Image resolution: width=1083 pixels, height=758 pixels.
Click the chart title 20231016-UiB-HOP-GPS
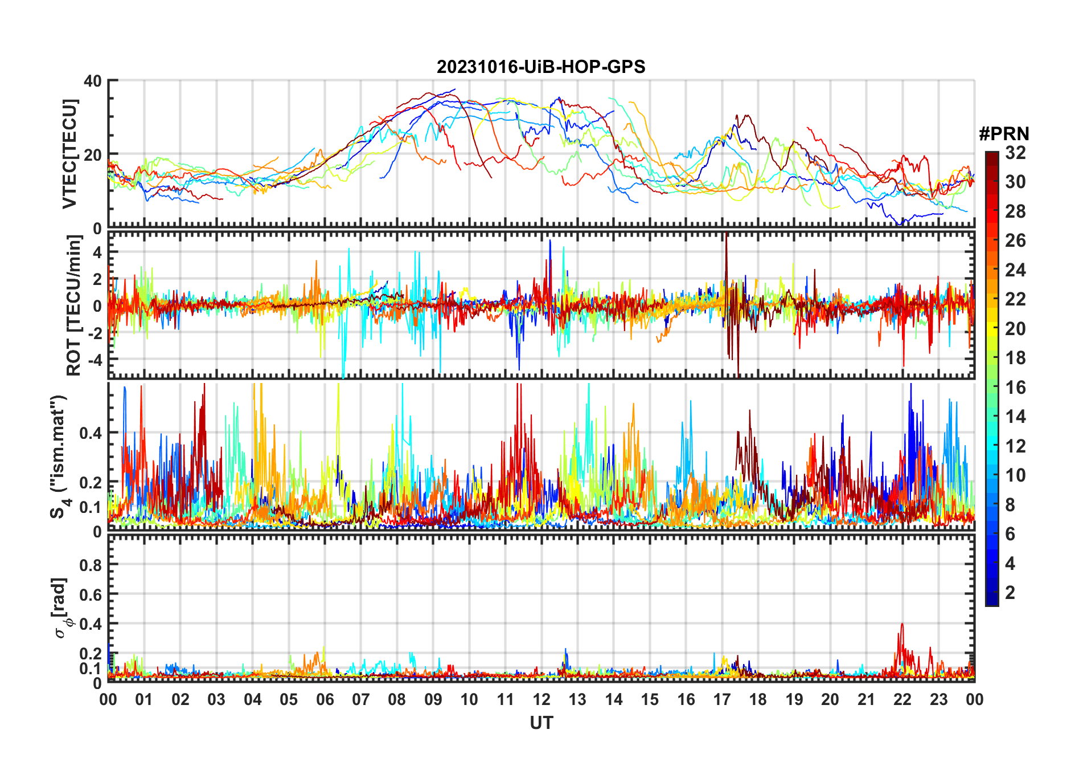(541, 67)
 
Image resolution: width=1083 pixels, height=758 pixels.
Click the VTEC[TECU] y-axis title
(69, 154)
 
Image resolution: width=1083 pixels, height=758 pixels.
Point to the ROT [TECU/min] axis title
(74, 305)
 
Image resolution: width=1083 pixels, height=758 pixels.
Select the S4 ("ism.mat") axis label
(59, 456)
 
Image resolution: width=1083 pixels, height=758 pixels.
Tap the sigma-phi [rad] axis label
(61, 608)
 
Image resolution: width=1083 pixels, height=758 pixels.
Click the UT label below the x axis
(541, 723)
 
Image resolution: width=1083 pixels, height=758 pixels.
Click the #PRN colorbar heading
(1004, 134)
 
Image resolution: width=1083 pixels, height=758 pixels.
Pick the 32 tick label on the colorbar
(1015, 153)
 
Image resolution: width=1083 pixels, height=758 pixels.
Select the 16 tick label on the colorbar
(1015, 388)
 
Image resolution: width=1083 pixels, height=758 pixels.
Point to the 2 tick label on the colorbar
(1010, 593)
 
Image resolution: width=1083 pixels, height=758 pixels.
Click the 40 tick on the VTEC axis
(93, 81)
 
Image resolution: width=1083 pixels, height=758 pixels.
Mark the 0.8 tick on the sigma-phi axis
(91, 565)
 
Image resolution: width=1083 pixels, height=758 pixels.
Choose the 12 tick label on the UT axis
(541, 699)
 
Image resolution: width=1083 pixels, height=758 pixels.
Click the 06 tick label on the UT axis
(325, 699)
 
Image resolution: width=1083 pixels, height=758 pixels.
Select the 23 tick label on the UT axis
(938, 699)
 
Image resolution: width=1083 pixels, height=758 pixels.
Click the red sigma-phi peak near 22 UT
(901, 625)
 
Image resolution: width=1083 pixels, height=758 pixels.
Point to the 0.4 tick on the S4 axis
(91, 433)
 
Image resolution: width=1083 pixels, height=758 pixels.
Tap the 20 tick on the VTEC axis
(93, 154)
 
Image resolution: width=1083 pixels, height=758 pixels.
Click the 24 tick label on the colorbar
(1015, 270)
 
